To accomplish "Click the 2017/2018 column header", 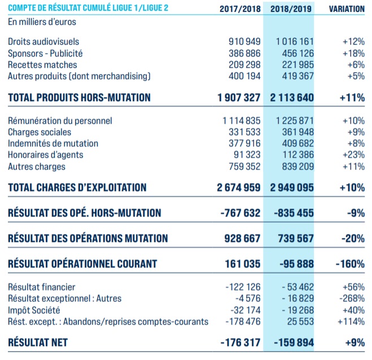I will [240, 9].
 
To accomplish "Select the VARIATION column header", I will [347, 9].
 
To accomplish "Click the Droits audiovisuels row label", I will [43, 42].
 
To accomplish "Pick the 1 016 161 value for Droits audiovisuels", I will [295, 42].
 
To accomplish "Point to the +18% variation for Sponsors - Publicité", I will [353, 53].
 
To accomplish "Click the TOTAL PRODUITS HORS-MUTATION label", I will [79, 97].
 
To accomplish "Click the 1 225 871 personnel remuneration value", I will [295, 121].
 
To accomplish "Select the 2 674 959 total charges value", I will [238, 187].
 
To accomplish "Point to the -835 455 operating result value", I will [293, 213].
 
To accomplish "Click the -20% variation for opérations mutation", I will [353, 238].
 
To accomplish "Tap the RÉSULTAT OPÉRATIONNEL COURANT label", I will [82, 264].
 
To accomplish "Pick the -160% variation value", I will [351, 264].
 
